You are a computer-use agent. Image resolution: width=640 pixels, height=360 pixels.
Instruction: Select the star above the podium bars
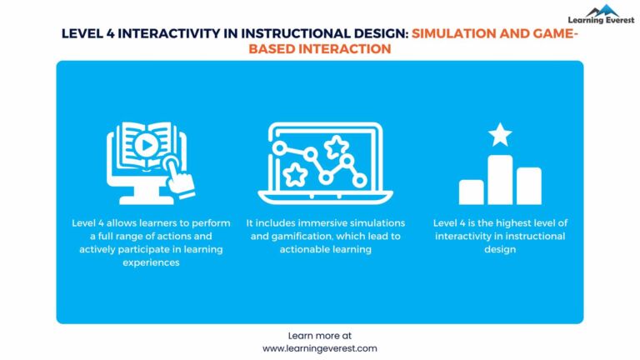click(500, 134)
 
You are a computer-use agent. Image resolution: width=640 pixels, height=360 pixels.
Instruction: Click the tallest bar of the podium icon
click(500, 179)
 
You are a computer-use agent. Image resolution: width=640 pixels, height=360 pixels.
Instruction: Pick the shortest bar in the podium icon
click(472, 192)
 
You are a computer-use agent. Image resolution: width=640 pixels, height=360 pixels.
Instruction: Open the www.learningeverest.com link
click(320, 348)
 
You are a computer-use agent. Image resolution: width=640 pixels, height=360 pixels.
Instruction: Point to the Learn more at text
click(320, 335)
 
